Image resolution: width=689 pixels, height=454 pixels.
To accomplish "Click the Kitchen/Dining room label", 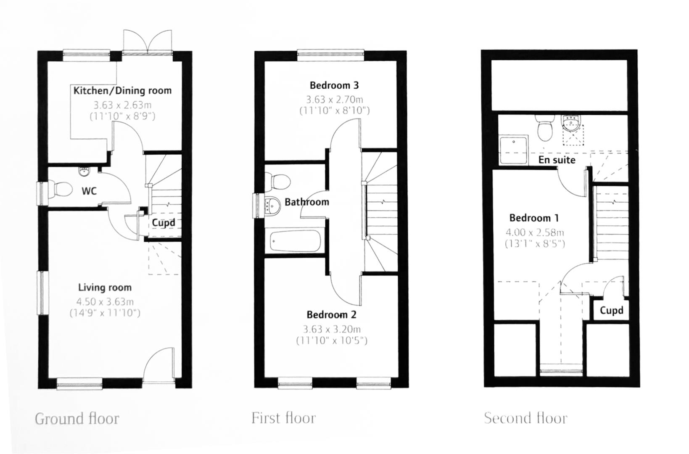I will (122, 90).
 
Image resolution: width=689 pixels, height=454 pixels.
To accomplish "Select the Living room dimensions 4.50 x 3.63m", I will (105, 301).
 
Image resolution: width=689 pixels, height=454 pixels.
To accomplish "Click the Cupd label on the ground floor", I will (163, 222).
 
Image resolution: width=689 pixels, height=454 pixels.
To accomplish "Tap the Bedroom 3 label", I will (334, 85).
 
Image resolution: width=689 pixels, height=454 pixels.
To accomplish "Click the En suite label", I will (557, 160).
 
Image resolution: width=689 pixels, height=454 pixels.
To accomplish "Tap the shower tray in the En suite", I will (512, 150).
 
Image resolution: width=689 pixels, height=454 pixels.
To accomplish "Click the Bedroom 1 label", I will (534, 218).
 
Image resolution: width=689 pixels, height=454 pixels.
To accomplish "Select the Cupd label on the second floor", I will (611, 310).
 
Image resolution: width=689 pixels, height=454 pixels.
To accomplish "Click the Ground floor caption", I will (77, 419).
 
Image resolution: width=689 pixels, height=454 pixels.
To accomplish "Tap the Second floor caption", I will (525, 418).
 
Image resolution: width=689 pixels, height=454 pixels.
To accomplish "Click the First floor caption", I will (283, 418).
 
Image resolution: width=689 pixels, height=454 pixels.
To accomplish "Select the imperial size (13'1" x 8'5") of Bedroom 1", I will (534, 243).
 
